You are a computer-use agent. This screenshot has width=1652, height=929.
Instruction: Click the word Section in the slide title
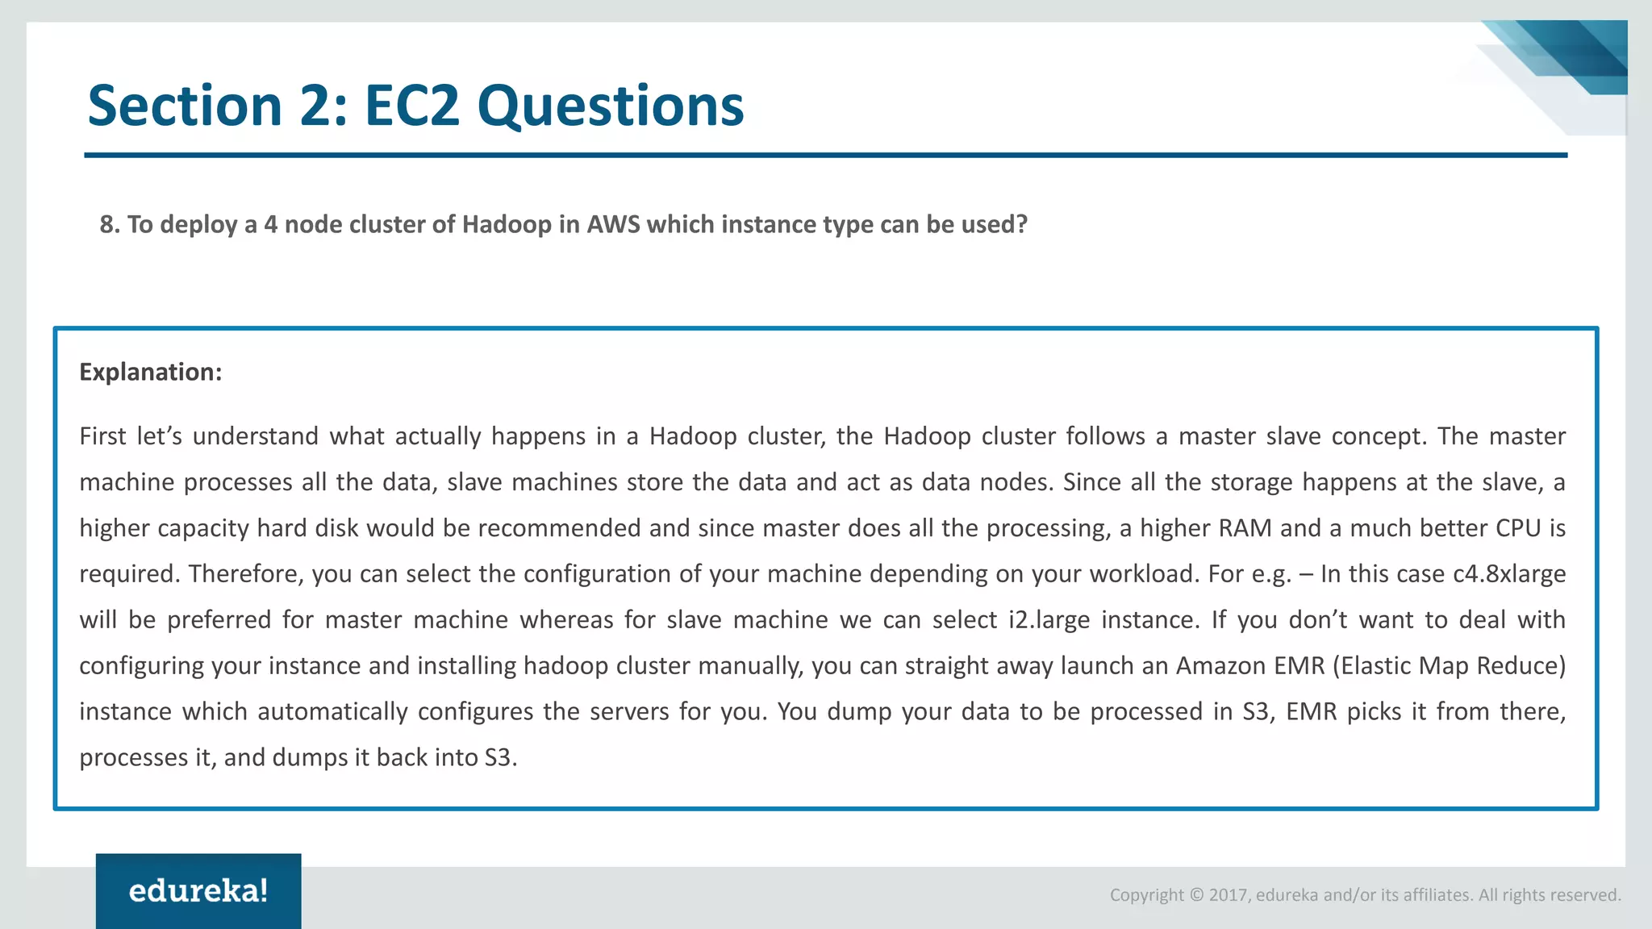click(x=184, y=106)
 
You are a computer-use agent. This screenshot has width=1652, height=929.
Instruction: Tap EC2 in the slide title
click(x=411, y=106)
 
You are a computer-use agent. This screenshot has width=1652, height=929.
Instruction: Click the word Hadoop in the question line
click(x=506, y=224)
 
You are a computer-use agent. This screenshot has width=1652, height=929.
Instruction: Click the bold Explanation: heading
click(x=150, y=372)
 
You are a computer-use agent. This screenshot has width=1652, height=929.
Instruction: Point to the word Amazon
click(x=1221, y=665)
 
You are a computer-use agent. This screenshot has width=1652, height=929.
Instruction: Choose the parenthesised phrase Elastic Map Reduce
click(x=1449, y=665)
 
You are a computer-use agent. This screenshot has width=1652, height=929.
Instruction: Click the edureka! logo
click(x=198, y=891)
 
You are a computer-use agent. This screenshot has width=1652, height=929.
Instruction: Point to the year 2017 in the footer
click(x=1228, y=895)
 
